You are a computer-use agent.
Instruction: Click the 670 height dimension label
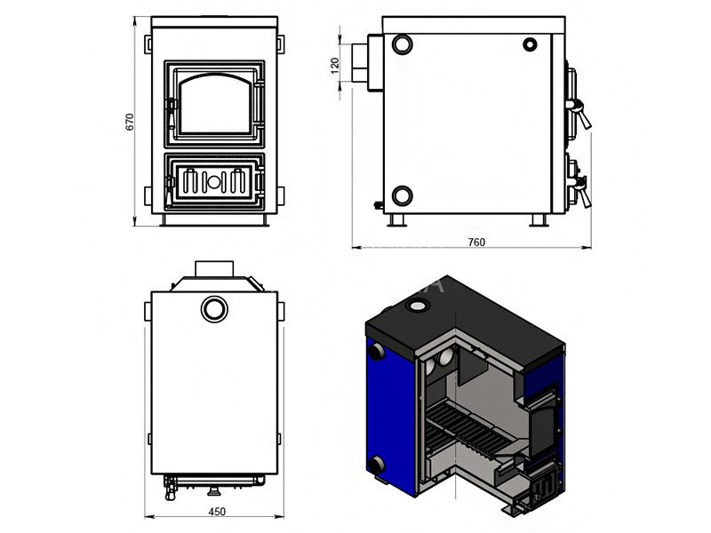130,122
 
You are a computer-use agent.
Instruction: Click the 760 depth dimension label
476,242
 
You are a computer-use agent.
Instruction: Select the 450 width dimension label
217,512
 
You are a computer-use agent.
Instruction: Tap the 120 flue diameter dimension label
335,66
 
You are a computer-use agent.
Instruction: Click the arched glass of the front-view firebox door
214,104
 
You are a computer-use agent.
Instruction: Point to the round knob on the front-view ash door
214,182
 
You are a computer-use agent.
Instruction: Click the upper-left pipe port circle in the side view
402,44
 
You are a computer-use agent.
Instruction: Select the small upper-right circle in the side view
530,44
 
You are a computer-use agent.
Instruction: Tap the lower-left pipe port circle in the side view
402,195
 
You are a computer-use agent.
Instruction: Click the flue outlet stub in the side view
360,63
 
